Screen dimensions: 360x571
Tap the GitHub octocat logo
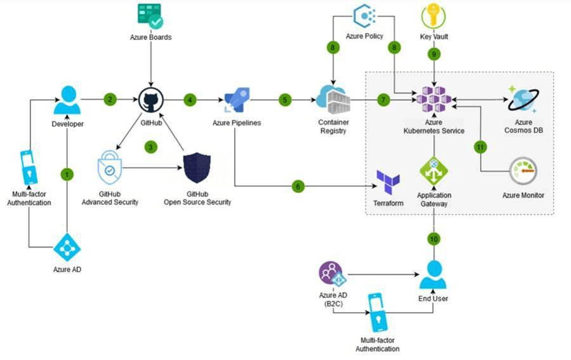[150, 100]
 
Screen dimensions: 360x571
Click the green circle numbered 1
[67, 173]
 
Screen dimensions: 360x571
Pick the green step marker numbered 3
[150, 147]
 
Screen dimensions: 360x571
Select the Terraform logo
[388, 183]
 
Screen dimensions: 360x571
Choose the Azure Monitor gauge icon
[523, 171]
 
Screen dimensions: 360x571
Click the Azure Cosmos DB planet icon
[523, 100]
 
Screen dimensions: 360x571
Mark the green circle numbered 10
[434, 239]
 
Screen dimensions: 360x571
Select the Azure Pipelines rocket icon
[237, 100]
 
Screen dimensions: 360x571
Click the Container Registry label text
[333, 127]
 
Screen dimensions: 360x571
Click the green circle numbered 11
[480, 147]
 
